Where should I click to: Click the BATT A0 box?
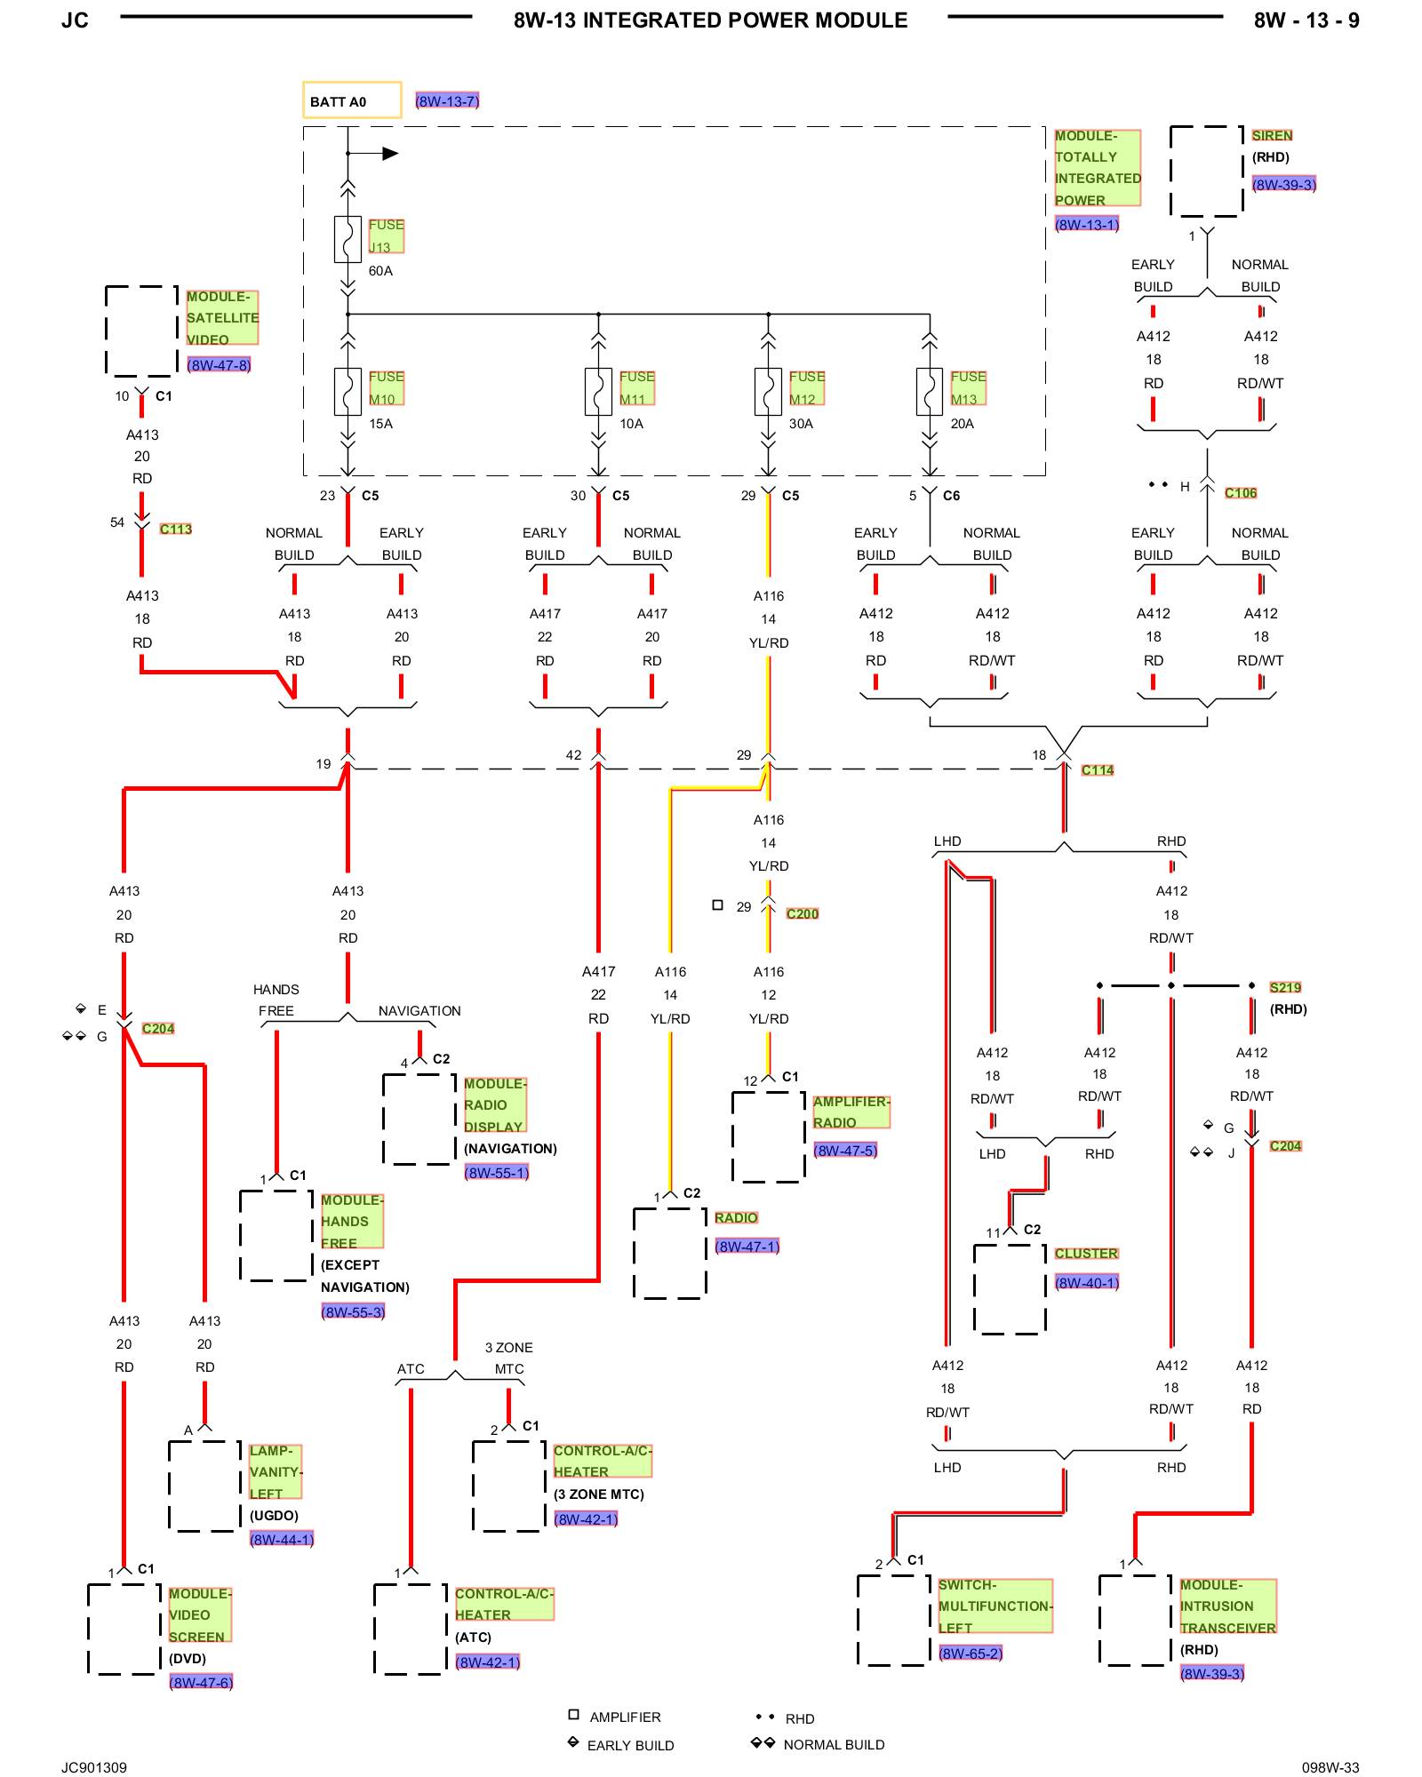click(x=352, y=100)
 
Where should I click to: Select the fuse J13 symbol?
click(x=348, y=239)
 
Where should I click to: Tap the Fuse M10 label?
click(x=387, y=388)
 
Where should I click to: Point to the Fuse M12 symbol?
click(x=768, y=392)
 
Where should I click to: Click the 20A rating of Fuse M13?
click(x=963, y=424)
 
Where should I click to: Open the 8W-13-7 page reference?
click(x=447, y=101)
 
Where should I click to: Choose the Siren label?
click(x=1272, y=135)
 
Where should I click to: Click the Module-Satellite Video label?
click(x=222, y=317)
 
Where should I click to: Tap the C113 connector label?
click(x=176, y=529)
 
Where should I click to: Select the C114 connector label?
click(x=1098, y=770)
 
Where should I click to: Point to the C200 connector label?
click(x=803, y=913)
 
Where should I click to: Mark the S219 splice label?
click(x=1285, y=987)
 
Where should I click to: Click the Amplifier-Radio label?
click(x=851, y=1112)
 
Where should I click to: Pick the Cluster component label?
click(x=1086, y=1253)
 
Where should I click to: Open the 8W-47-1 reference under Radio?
click(x=747, y=1247)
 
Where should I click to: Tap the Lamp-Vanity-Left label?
click(x=276, y=1472)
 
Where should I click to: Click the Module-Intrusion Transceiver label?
click(x=1228, y=1606)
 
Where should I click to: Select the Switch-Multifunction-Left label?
click(x=995, y=1606)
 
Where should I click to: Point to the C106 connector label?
click(x=1241, y=493)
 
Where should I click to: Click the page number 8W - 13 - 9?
click(x=1306, y=20)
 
